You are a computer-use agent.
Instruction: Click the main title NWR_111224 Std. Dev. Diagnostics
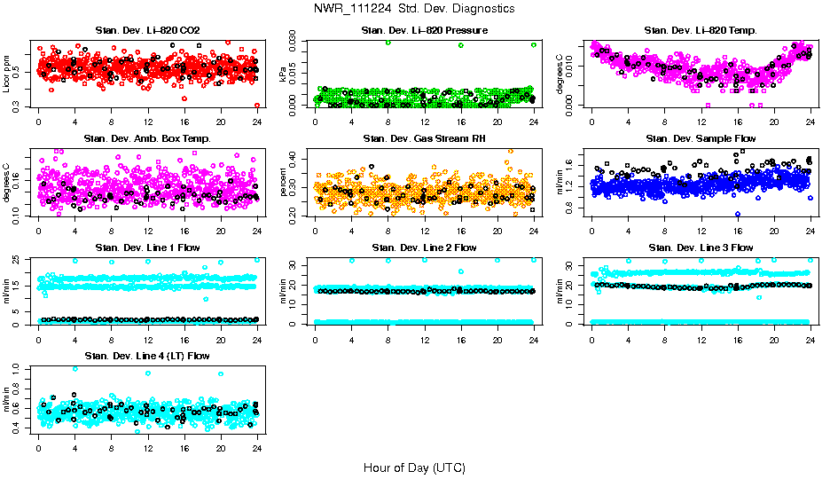[x=414, y=9]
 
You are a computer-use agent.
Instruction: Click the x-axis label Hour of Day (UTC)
[x=414, y=467]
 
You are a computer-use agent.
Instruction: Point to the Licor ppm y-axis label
[x=7, y=74]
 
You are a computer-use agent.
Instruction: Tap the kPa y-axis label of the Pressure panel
[x=284, y=74]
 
